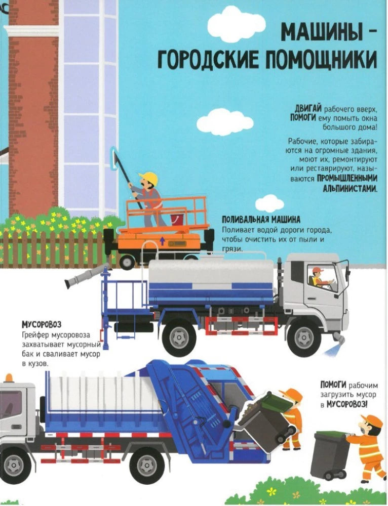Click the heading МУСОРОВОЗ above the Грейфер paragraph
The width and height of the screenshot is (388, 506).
tap(45, 324)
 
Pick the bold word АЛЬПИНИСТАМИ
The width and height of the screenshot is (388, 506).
tap(350, 187)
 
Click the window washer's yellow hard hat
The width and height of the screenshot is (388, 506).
tap(149, 178)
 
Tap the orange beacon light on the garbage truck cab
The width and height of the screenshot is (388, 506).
tap(9, 378)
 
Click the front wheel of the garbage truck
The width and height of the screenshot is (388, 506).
tap(15, 463)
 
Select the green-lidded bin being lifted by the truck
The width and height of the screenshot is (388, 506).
tap(265, 415)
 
